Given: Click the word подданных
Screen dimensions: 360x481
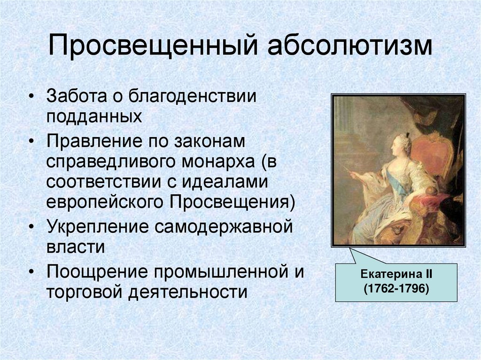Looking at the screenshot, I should (x=94, y=115).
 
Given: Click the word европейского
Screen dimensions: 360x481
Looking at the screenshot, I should (x=105, y=201).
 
